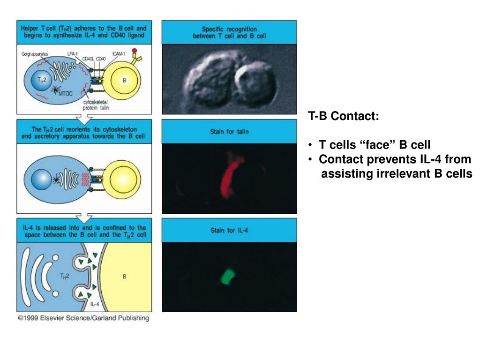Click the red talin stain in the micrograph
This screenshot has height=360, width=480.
tap(230, 179)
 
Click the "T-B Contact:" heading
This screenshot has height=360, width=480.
tap(344, 116)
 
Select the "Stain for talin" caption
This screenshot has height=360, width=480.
tap(229, 132)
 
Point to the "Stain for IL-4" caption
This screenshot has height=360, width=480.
tap(229, 231)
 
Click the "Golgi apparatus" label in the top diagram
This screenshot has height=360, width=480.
tap(35, 54)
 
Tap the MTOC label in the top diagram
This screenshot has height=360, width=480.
tap(66, 93)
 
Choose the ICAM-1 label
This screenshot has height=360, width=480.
tap(119, 54)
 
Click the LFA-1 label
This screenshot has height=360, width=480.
tap(73, 54)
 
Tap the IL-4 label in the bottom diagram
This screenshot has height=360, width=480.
tap(94, 304)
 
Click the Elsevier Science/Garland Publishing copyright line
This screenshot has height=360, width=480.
tap(83, 318)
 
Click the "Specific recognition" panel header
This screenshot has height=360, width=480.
tap(229, 32)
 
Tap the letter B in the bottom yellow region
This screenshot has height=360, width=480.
tap(125, 277)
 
